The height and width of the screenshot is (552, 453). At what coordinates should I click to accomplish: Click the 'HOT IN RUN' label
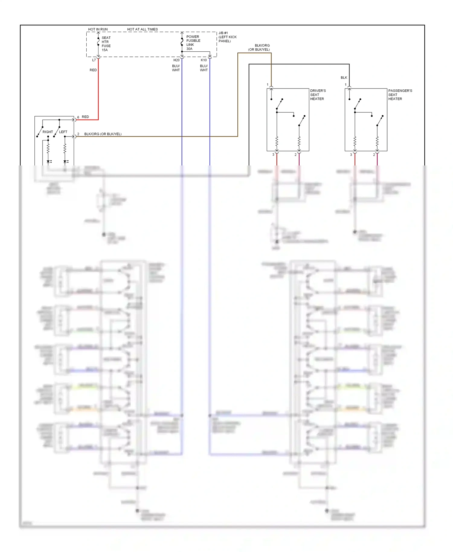tap(98, 29)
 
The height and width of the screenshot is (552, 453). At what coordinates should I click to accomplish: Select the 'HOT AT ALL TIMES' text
tap(142, 29)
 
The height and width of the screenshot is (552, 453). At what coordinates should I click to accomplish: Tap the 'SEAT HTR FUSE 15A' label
tap(106, 44)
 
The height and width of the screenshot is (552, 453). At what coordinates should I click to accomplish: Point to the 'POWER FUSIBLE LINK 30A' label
tap(193, 43)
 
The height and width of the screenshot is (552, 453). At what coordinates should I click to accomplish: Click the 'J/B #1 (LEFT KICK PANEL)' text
tap(227, 37)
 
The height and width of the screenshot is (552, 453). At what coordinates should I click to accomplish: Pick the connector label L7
tap(94, 60)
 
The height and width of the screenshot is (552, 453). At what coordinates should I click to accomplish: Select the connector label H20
tap(176, 60)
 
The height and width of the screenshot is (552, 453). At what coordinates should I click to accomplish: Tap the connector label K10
tap(204, 60)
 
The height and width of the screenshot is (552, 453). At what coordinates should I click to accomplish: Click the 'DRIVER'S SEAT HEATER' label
tap(318, 95)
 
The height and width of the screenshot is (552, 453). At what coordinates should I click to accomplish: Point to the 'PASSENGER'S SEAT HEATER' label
tap(400, 95)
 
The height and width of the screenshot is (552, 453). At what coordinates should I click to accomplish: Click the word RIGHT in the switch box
tap(47, 132)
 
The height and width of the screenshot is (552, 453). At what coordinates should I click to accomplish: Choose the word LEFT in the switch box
tap(63, 132)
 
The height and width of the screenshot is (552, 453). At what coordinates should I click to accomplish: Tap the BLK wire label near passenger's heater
tap(344, 78)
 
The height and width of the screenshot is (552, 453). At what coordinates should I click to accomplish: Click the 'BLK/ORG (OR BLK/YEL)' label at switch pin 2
tap(103, 134)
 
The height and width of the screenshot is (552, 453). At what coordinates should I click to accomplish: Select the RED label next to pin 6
tap(85, 117)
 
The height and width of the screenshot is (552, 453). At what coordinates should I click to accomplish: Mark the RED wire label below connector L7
tap(93, 70)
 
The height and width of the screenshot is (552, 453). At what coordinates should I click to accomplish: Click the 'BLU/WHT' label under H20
tap(176, 68)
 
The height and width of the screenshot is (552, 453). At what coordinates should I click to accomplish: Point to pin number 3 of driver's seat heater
tap(273, 155)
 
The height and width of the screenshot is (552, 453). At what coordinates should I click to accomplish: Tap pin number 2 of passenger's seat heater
tap(374, 155)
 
